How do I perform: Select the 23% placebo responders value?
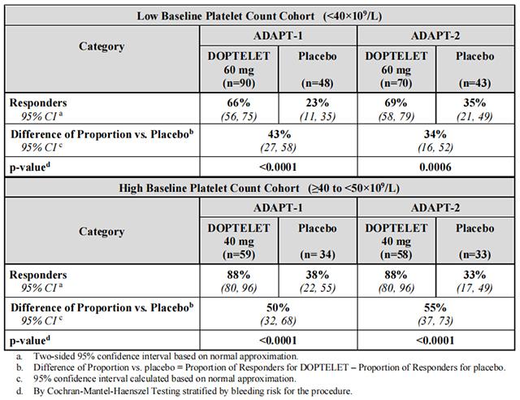pos(318,103)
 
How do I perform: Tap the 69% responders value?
pos(396,103)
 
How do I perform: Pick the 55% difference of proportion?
pos(435,307)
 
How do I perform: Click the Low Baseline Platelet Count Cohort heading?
pos(260,15)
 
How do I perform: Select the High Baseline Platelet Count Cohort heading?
pos(260,189)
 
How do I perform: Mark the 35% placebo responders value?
pos(475,103)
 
